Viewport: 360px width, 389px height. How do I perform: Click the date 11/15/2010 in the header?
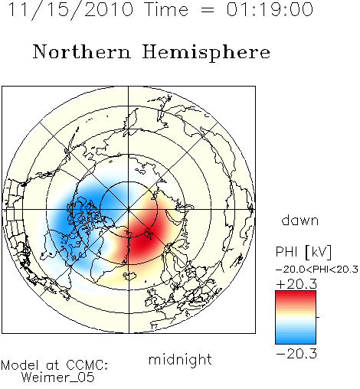coord(70,10)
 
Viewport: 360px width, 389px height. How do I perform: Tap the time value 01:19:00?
coord(270,10)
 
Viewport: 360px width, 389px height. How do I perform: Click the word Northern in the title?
coord(82,51)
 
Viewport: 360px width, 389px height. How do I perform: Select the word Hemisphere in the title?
coord(206,53)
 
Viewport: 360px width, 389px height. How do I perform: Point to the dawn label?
coord(300,221)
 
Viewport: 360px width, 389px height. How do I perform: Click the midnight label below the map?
coord(180,360)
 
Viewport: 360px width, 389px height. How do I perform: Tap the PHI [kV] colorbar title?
coord(303,252)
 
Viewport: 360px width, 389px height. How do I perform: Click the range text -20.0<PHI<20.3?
coord(317,270)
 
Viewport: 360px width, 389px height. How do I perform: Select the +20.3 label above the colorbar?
coord(296,284)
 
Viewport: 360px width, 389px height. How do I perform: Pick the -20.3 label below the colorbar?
coord(296,354)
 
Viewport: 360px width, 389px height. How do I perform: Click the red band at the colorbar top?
coord(296,295)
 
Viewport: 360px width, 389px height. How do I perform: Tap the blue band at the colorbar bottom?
coord(296,339)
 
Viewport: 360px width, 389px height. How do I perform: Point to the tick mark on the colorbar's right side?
coord(318,317)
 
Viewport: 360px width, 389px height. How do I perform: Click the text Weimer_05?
coord(58,378)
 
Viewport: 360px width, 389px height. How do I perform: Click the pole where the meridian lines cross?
coord(129,210)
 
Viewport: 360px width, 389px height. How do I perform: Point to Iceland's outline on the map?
coord(130,276)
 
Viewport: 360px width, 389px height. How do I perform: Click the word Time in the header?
coord(166,9)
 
